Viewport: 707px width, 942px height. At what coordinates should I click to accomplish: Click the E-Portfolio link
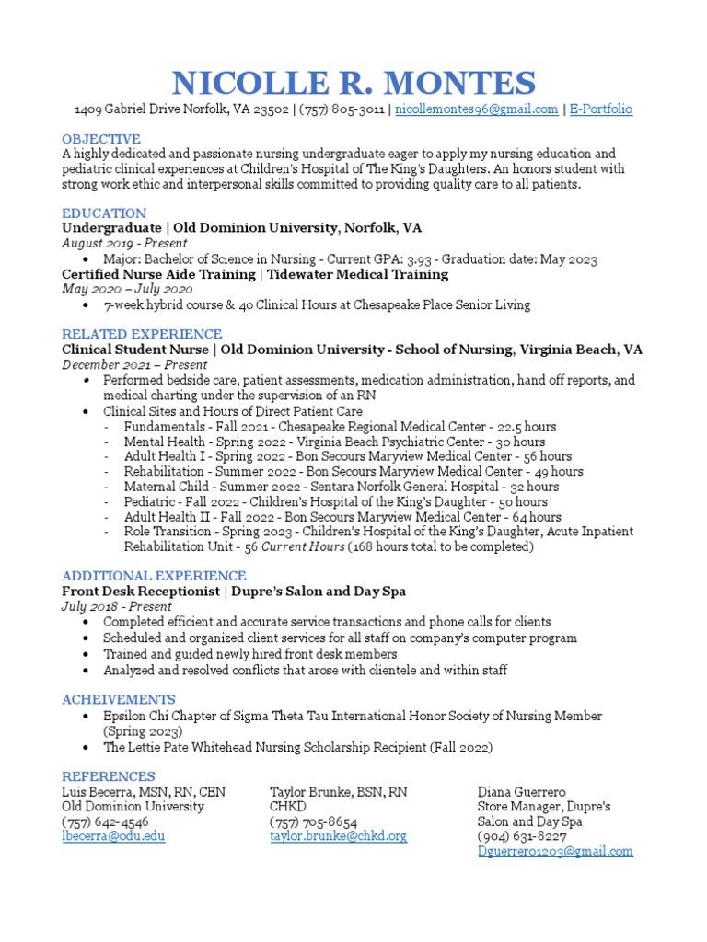601,109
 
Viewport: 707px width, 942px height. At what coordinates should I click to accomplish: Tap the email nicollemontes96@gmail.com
477,109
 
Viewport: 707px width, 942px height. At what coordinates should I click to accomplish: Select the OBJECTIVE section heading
101,139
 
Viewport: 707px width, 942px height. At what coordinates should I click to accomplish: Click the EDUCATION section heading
104,213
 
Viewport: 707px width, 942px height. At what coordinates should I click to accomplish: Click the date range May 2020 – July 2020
127,289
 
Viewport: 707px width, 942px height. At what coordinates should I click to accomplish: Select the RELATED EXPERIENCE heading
142,334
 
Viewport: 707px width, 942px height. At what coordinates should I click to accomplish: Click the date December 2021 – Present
134,364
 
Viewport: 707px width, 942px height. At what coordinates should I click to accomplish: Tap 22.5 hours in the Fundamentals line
527,427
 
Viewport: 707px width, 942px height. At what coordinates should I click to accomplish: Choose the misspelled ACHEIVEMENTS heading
119,699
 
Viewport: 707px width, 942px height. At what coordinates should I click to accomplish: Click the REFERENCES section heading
109,776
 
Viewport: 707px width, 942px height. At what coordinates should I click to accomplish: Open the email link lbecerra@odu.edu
113,836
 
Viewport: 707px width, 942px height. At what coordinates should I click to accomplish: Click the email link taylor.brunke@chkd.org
338,836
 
